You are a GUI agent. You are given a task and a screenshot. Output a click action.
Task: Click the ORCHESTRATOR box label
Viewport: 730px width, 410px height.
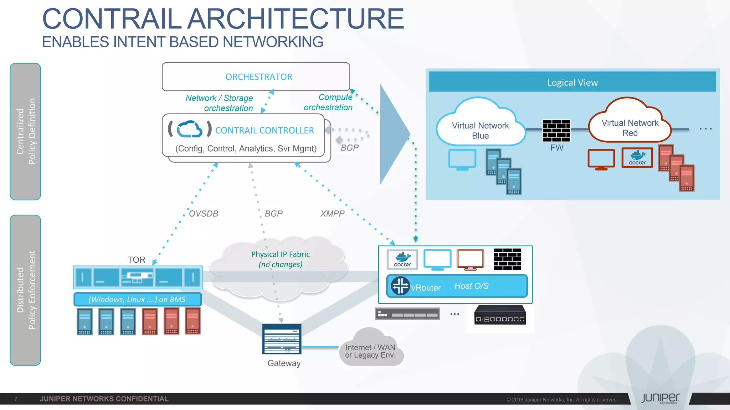tap(258, 77)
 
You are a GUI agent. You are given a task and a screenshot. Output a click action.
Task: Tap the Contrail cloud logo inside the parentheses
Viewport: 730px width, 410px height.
tap(190, 129)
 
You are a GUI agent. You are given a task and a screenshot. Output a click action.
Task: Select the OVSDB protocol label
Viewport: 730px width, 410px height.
tap(203, 214)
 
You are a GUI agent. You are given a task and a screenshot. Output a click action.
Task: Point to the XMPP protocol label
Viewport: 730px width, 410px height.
tap(332, 214)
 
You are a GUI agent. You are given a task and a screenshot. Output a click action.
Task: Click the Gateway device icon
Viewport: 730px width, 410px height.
tap(282, 339)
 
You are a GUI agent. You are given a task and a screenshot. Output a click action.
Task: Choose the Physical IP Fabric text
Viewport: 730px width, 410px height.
tap(280, 254)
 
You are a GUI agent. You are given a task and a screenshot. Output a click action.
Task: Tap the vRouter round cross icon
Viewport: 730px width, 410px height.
tap(400, 286)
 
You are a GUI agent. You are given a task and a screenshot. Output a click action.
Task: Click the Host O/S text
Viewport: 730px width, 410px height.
tap(471, 286)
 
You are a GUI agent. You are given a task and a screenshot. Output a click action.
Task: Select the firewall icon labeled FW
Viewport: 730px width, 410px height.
tap(556, 130)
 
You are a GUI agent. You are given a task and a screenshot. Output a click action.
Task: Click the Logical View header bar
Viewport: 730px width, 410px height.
tap(572, 82)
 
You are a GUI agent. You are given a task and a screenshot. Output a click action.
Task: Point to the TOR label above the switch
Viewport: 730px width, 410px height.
tap(136, 260)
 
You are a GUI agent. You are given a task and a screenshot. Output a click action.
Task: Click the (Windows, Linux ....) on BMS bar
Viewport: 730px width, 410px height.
tap(137, 299)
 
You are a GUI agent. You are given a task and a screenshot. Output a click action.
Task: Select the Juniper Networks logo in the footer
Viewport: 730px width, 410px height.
tap(660, 398)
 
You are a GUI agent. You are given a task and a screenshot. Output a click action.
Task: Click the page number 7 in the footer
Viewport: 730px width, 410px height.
tap(16, 399)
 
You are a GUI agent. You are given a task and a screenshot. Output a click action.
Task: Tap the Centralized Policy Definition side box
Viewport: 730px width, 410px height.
tap(25, 131)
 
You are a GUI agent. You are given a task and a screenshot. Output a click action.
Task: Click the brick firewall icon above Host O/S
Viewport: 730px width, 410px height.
tap(507, 259)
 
